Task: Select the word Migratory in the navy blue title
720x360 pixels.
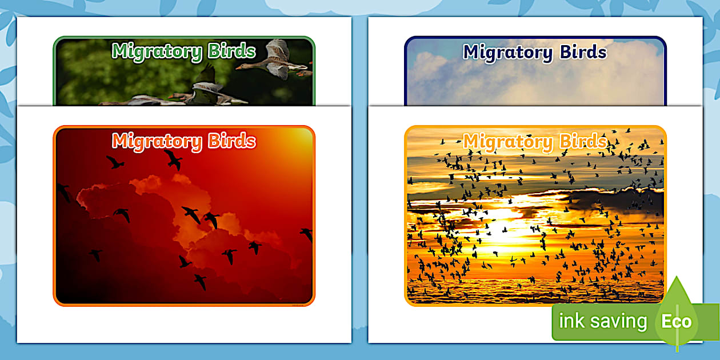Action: [507, 52]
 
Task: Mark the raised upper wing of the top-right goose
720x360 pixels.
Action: [278, 50]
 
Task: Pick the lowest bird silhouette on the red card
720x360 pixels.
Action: [199, 281]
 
